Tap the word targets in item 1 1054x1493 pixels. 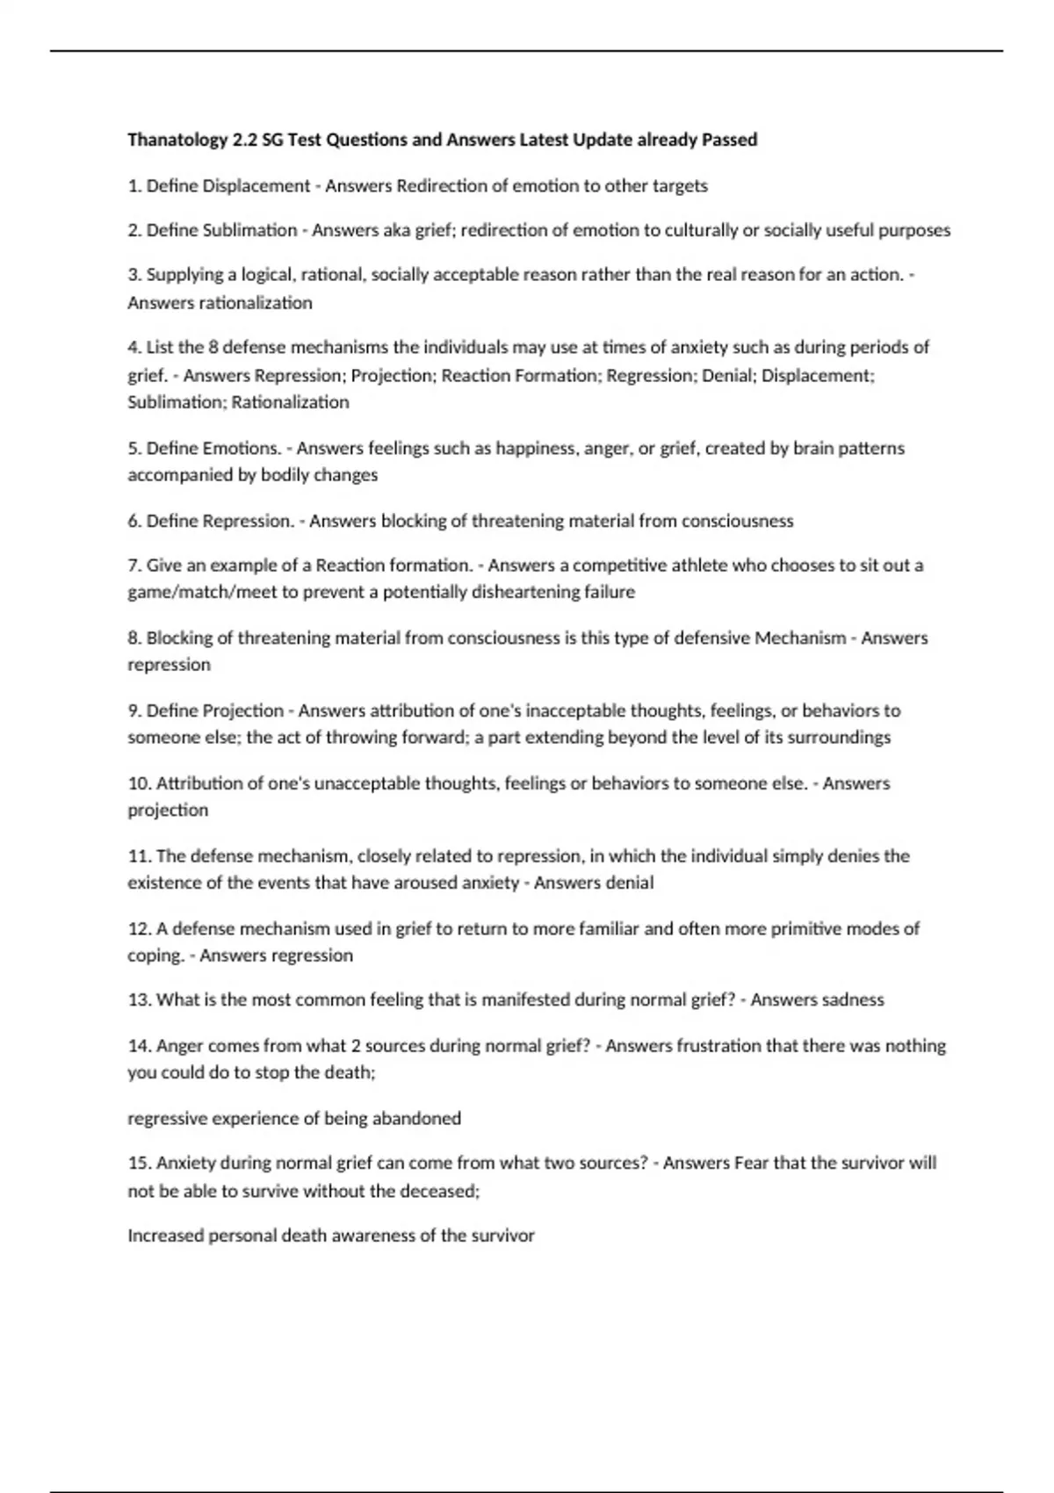(x=679, y=186)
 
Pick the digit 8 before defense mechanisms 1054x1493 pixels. (x=213, y=347)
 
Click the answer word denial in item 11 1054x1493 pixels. (x=627, y=883)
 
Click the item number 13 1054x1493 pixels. (x=140, y=1000)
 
